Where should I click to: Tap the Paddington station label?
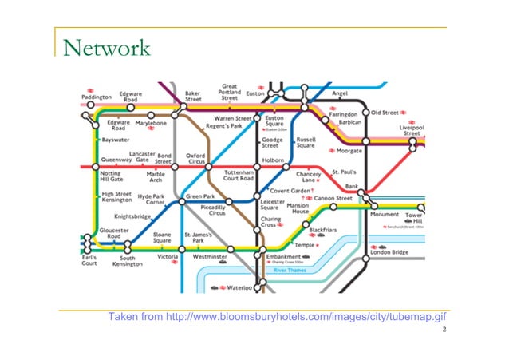[97, 97]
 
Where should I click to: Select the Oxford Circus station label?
[195, 159]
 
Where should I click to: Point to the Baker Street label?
[193, 96]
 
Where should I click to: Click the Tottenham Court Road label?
[239, 174]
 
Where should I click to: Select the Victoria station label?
[168, 258]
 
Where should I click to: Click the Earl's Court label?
[89, 261]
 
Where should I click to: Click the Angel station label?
[340, 93]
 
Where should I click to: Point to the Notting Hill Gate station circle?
[95, 166]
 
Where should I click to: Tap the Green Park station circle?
[183, 200]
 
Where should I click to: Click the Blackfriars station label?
[323, 229]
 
